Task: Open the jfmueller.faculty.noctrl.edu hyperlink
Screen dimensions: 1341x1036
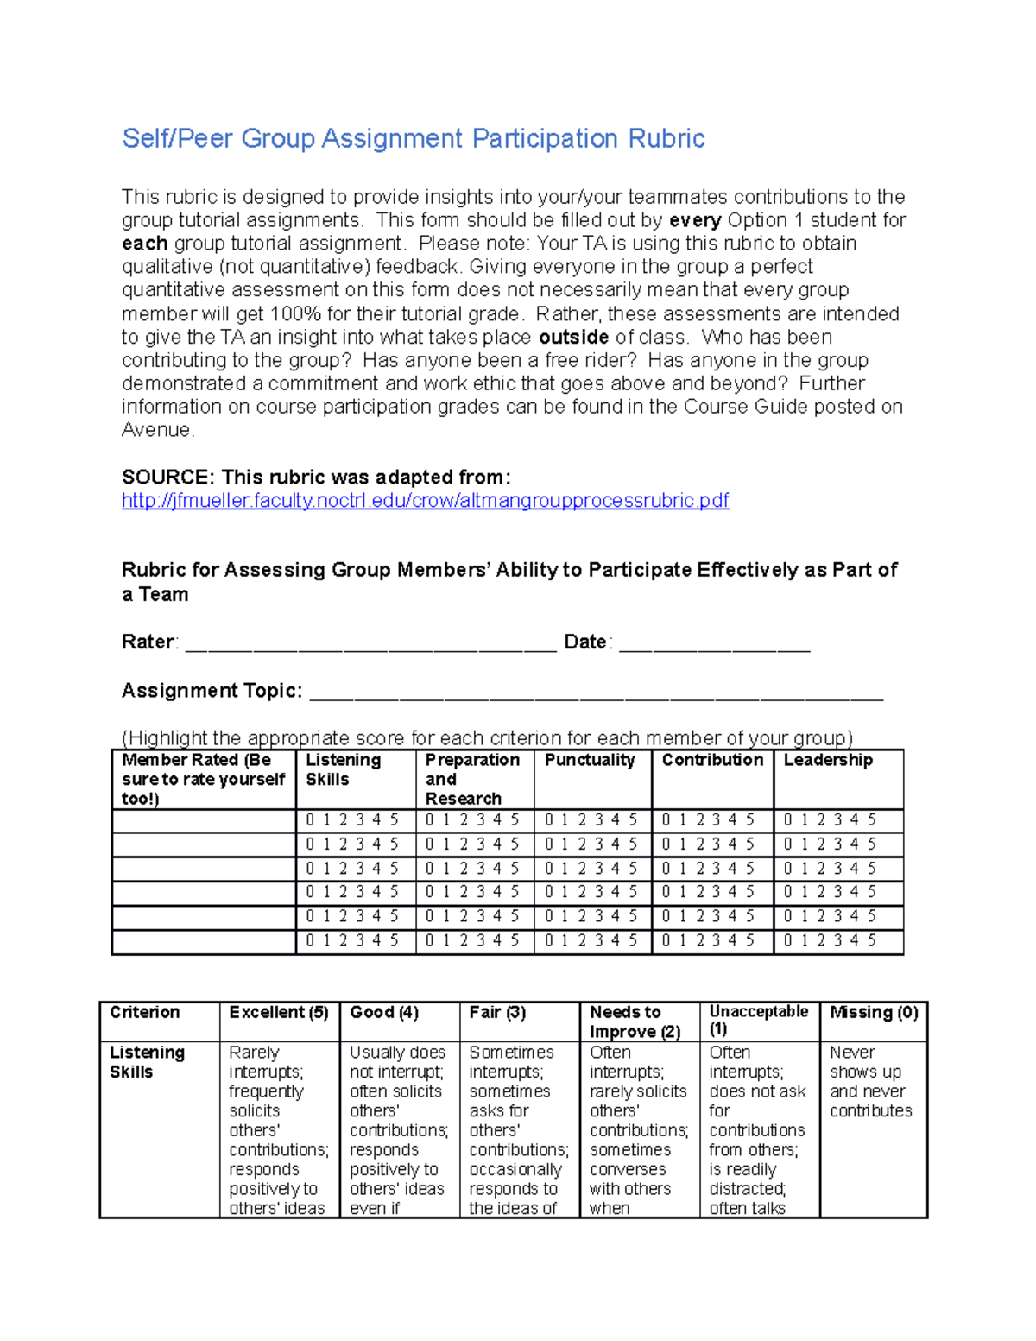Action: pos(425,501)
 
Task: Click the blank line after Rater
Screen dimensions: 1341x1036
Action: pos(370,644)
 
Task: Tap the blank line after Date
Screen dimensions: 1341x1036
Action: pos(714,644)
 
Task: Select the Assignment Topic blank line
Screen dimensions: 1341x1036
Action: pos(596,693)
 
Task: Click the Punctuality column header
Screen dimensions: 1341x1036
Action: pos(590,761)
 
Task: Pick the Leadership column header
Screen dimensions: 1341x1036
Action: pos(828,761)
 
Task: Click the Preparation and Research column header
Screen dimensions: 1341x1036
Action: pos(471,779)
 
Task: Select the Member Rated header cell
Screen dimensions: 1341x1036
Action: pos(203,779)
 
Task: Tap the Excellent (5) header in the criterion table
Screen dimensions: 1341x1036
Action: pos(279,1013)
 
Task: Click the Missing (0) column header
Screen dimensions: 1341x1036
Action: pos(874,1013)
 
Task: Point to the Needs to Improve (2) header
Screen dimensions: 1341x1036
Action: pos(635,1022)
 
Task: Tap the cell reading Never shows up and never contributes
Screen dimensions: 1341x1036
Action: pos(870,1082)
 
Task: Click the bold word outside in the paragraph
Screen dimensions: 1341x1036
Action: pos(573,338)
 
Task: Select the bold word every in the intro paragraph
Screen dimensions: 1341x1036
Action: pos(695,221)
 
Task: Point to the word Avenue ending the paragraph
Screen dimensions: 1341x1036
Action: pos(157,431)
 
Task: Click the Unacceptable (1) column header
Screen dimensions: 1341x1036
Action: pos(758,1021)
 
